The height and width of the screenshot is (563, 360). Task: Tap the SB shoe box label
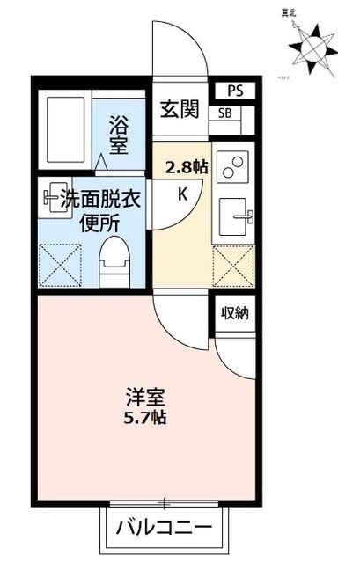point(224,113)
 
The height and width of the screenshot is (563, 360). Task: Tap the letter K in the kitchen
point(183,194)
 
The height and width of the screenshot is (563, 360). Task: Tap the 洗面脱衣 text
point(101,200)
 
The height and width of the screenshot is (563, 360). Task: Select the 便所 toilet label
point(101,223)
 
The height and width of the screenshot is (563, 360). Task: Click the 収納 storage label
point(233,313)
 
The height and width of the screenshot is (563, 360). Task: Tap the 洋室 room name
point(144,397)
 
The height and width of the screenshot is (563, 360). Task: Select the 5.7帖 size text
point(144,417)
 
